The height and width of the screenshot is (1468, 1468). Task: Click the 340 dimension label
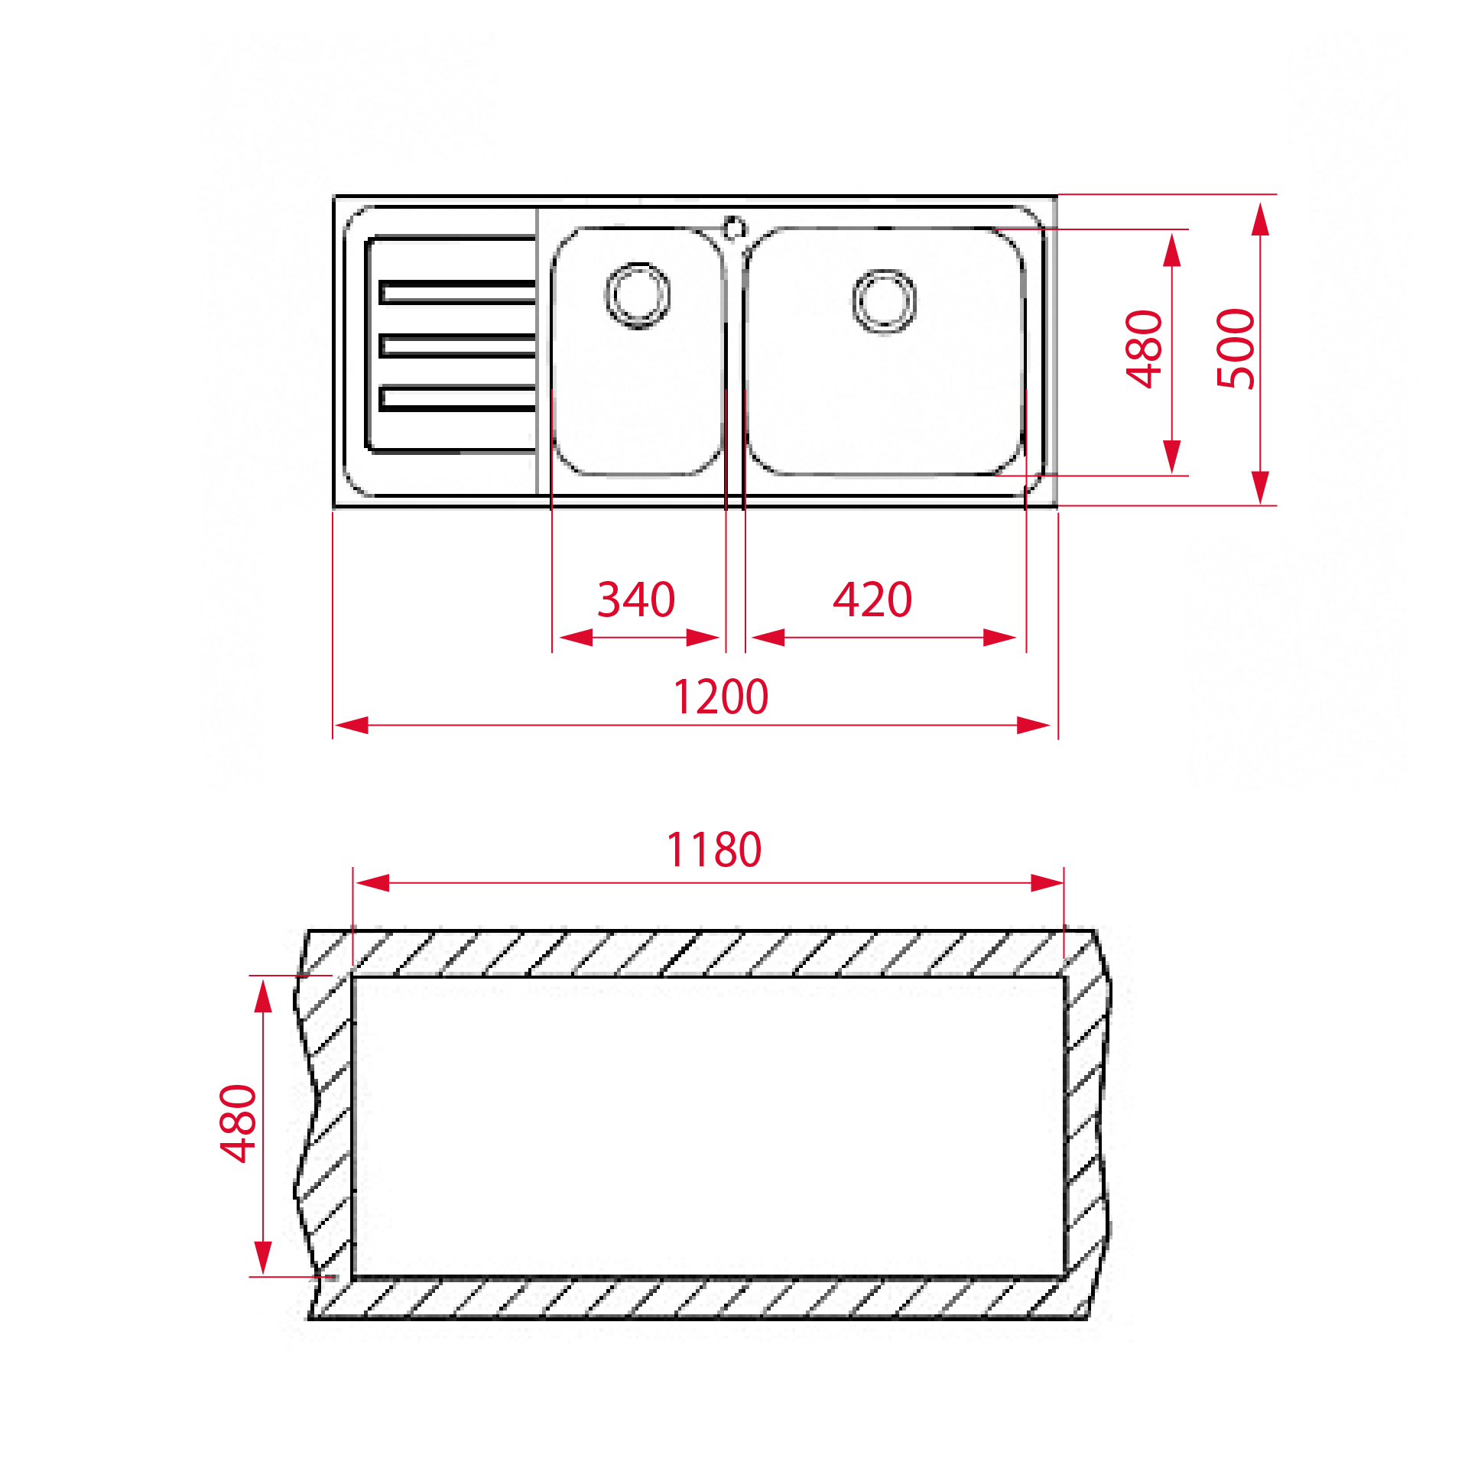point(636,599)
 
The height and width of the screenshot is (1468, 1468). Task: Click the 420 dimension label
point(872,599)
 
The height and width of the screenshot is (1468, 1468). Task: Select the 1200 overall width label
point(721,697)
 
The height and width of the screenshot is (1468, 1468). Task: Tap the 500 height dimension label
point(1236,349)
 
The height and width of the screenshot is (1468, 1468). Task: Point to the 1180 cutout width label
point(714,849)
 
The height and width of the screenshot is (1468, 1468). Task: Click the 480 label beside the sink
point(1144,349)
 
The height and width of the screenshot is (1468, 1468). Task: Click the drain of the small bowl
point(638,295)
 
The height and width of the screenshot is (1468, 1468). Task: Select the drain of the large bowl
point(884,301)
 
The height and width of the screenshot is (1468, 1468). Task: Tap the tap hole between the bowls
point(734,228)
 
